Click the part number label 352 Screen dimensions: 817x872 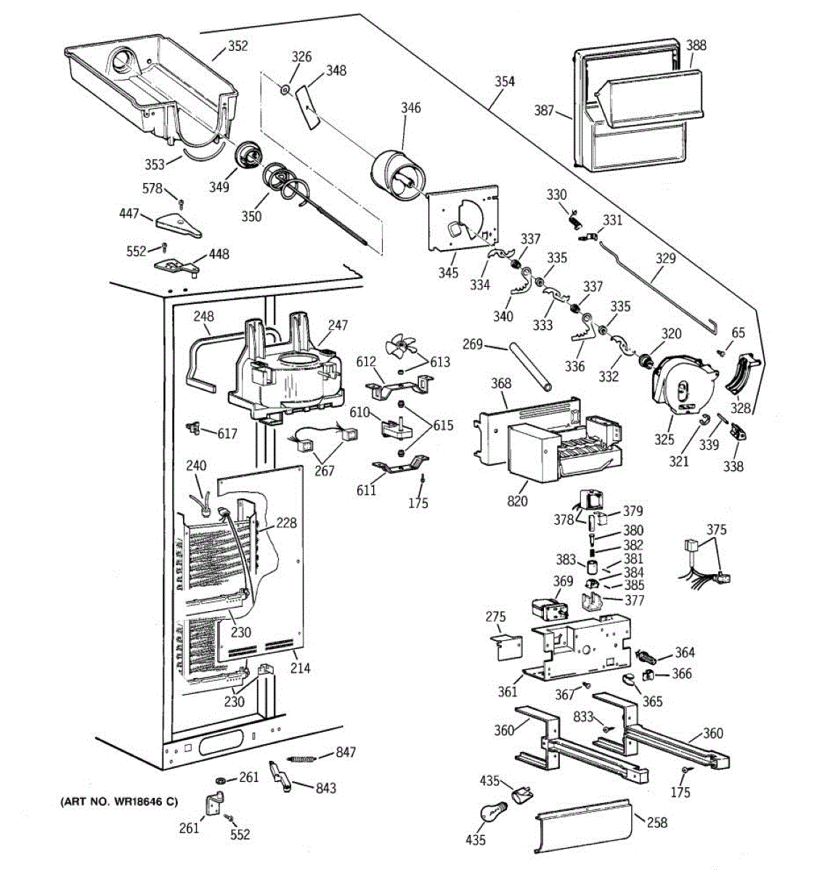point(238,46)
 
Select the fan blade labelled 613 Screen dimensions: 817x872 point(399,347)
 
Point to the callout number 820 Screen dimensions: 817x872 point(517,501)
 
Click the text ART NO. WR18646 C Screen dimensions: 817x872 point(119,802)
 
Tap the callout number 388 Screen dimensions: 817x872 point(696,45)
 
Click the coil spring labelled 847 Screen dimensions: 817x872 point(301,759)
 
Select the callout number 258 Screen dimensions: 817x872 point(657,823)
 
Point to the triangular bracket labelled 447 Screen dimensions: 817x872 point(179,225)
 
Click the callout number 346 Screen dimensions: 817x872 point(410,108)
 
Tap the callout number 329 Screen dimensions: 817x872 point(665,259)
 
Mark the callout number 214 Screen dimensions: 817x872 point(300,669)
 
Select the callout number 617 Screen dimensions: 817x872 point(227,434)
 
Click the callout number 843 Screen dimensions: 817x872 point(326,788)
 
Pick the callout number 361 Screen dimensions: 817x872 point(508,692)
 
